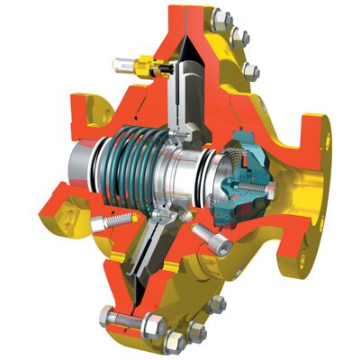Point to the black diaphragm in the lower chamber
(x=144, y=261)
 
